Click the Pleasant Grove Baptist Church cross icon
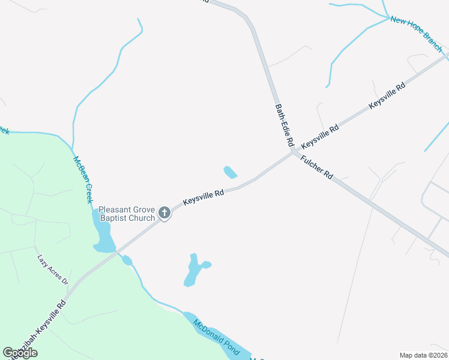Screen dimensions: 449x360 (x=164, y=212)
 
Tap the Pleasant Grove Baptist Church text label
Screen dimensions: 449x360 (x=127, y=214)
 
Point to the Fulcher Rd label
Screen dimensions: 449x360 (x=316, y=168)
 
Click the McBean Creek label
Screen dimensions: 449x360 (x=83, y=179)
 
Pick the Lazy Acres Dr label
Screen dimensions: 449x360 (x=53, y=269)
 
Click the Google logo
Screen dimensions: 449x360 (x=20, y=353)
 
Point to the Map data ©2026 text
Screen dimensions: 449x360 (x=423, y=355)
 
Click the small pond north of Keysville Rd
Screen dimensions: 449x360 (x=230, y=172)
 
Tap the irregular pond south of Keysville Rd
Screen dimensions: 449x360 (x=193, y=269)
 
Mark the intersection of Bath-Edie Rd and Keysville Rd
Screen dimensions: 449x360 (x=293, y=152)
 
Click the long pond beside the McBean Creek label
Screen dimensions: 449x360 (x=102, y=233)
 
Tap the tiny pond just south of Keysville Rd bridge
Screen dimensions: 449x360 (x=127, y=260)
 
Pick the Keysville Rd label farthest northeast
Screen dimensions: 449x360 (x=387, y=95)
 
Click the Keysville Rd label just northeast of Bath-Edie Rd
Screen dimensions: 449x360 (x=320, y=136)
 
